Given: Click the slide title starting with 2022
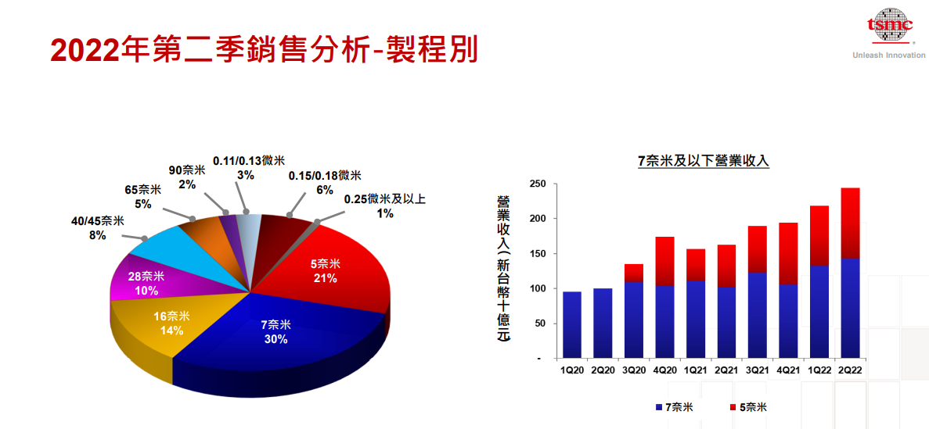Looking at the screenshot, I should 264,49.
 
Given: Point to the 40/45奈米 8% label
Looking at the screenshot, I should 97,227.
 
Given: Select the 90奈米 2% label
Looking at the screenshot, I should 187,177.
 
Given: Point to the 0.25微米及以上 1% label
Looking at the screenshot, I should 384,206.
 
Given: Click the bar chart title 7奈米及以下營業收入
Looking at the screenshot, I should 704,162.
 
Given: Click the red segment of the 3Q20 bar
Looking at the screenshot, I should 633,273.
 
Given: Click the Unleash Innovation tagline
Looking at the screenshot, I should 888,55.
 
